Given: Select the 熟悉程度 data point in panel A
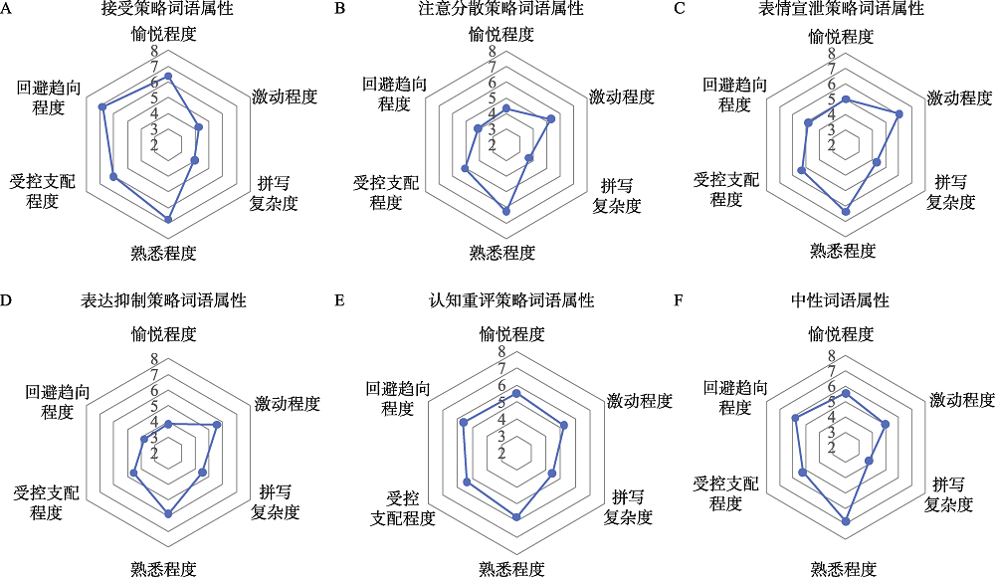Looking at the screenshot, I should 168,219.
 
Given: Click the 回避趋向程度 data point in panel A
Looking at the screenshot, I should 102,106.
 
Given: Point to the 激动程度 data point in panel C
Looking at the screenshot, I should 899,114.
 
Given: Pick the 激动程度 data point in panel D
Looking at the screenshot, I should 217,425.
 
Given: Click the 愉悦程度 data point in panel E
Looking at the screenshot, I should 515,394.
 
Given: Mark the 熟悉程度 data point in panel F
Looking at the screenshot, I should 847,521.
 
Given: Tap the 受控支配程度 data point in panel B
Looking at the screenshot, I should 466,170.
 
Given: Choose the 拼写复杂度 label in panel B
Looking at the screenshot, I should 617,196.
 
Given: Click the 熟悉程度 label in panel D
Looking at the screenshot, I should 163,568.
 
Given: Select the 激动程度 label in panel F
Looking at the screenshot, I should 962,400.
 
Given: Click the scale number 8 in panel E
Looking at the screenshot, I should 501,352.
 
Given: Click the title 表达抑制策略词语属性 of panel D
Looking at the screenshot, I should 164,299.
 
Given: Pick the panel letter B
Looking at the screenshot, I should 340,9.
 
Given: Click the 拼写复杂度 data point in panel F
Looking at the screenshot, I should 869,461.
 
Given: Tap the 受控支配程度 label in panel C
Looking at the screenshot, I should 725,189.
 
